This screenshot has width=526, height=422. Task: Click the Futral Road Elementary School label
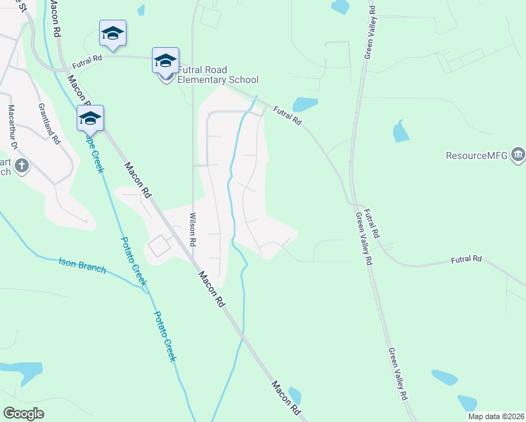(x=218, y=75)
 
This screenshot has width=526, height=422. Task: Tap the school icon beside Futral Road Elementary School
(x=165, y=60)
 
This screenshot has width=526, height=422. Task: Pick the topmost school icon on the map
(x=113, y=32)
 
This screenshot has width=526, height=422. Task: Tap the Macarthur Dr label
(x=11, y=127)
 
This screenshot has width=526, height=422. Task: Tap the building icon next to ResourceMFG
(x=518, y=154)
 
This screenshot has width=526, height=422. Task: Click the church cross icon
(x=23, y=167)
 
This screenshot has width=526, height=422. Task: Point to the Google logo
(x=23, y=414)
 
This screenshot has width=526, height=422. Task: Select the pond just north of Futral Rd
(x=304, y=105)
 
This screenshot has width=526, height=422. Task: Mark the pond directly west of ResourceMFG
(x=401, y=131)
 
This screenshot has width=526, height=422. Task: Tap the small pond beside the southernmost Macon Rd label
(x=294, y=395)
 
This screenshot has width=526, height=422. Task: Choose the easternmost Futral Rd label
(x=467, y=260)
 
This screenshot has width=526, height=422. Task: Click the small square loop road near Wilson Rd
(x=159, y=245)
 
